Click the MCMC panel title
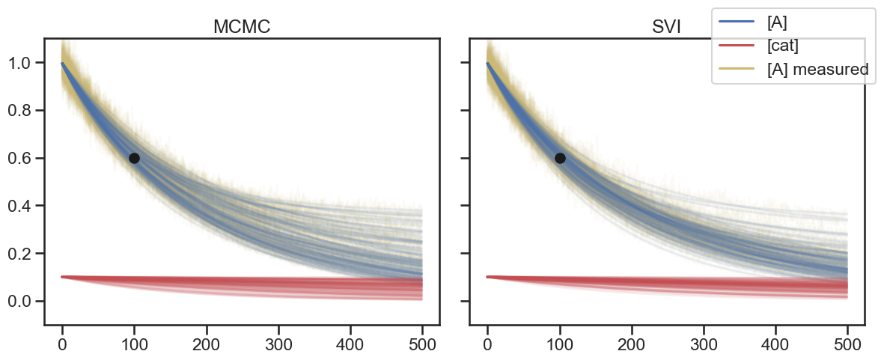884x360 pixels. (242, 27)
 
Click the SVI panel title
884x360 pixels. (667, 27)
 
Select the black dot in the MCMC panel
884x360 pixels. (134, 158)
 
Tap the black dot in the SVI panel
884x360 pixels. (559, 158)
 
